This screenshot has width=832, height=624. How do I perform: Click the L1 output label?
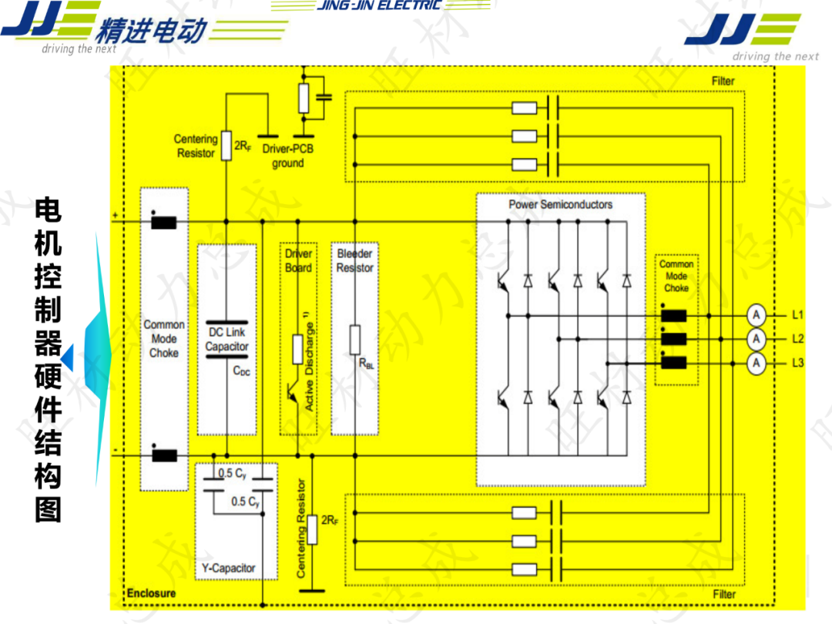click(x=797, y=314)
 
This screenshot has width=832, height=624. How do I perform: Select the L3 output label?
click(x=797, y=363)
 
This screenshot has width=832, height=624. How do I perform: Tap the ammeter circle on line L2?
click(x=757, y=339)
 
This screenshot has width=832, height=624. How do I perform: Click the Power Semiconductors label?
click(x=560, y=204)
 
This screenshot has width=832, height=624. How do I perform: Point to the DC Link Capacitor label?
click(x=226, y=340)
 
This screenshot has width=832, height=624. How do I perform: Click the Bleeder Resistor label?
click(x=354, y=260)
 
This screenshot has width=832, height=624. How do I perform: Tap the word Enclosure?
click(x=151, y=593)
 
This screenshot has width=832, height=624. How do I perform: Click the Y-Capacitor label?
click(x=228, y=568)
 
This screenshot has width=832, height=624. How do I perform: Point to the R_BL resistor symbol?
click(x=354, y=339)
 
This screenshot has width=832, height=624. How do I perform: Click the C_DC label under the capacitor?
click(x=242, y=371)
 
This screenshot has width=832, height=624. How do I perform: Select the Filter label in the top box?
click(x=723, y=81)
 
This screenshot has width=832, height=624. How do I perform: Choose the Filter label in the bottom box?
click(x=724, y=594)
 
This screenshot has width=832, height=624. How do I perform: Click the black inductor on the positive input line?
click(x=163, y=223)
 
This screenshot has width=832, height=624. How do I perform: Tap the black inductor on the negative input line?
click(x=163, y=456)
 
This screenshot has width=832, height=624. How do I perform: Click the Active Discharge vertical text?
click(x=310, y=362)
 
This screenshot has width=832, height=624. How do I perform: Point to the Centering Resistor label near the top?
click(x=196, y=146)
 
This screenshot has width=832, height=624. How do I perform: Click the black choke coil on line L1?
click(x=674, y=315)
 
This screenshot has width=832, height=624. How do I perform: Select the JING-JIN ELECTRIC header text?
click(x=379, y=5)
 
